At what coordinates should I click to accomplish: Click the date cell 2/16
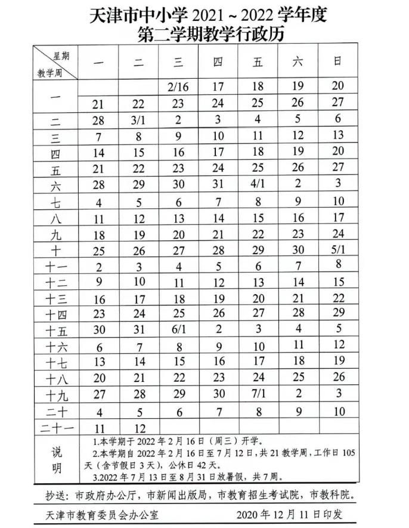[x=178, y=87]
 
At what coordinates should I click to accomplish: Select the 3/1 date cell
[x=139, y=119]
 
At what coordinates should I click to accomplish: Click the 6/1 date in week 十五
[x=178, y=329]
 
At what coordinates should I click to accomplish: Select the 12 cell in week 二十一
[x=139, y=427]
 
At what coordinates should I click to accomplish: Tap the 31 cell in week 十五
[x=139, y=329]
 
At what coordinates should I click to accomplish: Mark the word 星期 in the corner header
[x=61, y=55]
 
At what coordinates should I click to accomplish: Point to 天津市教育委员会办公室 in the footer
[x=100, y=514]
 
